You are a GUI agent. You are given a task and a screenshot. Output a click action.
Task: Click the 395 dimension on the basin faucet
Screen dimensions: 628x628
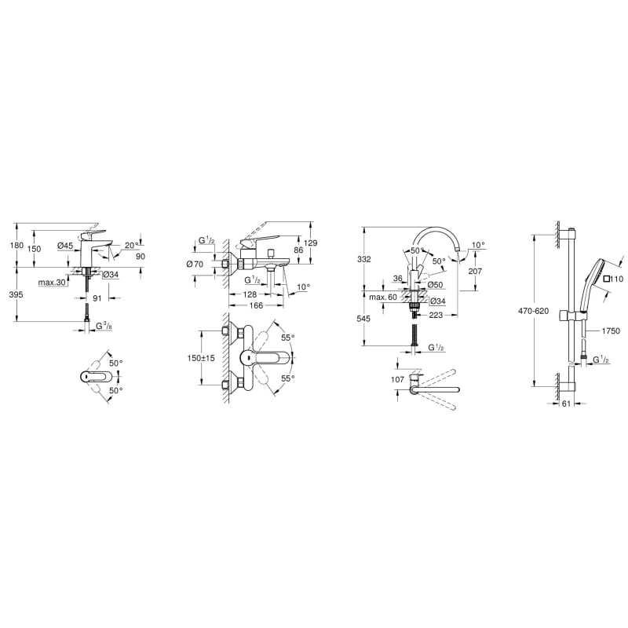(16, 294)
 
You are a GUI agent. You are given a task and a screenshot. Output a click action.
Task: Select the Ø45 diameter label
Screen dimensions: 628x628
(65, 246)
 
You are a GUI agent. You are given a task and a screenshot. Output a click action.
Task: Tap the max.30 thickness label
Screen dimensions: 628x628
(52, 283)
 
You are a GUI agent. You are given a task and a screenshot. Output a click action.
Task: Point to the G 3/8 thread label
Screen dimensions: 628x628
(104, 326)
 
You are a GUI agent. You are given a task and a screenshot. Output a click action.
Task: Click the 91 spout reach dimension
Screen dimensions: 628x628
(97, 298)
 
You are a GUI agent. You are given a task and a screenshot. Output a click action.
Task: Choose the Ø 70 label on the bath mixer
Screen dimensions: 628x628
(195, 264)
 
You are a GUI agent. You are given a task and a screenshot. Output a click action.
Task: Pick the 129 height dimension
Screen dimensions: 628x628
(310, 243)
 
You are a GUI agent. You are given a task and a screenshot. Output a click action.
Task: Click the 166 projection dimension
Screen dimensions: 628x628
(256, 305)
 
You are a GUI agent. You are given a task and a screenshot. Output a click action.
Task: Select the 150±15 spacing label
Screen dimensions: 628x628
(201, 358)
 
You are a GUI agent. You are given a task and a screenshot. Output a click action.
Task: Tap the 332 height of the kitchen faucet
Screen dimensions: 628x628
(364, 259)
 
